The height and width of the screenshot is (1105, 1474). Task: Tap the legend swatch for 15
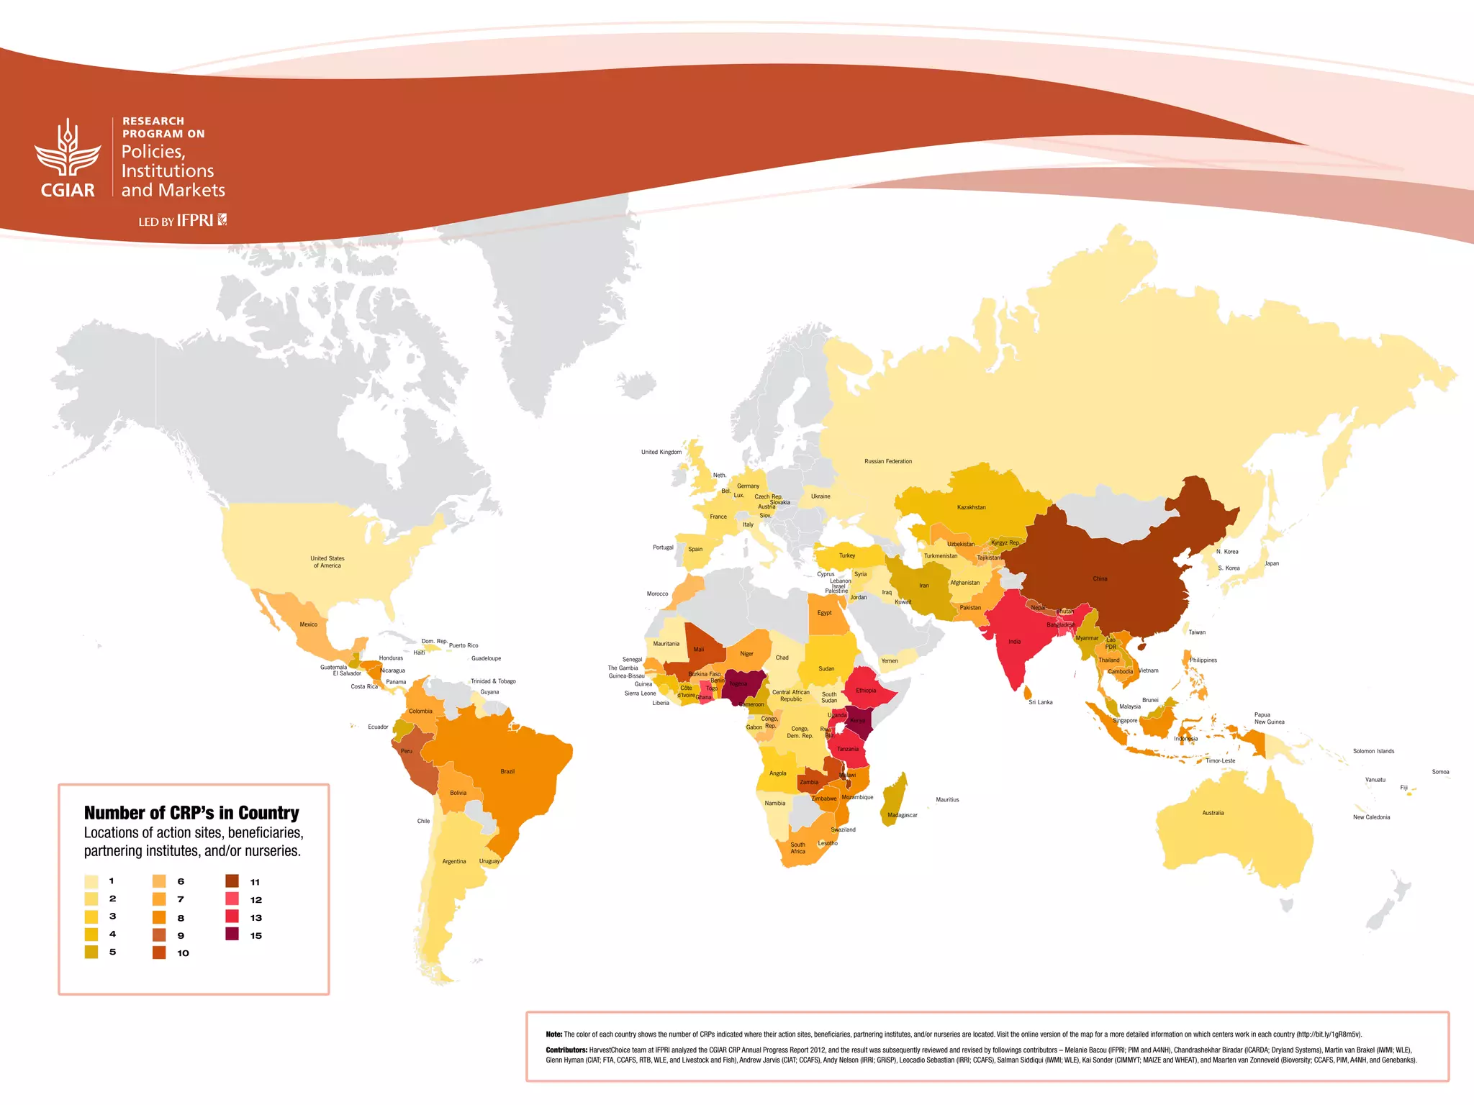click(x=232, y=935)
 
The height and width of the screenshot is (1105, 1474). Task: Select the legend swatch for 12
click(x=232, y=899)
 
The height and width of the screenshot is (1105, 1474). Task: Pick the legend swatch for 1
click(x=91, y=881)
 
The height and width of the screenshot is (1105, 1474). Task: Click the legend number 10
click(x=183, y=953)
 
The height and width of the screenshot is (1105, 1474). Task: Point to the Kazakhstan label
click(x=971, y=507)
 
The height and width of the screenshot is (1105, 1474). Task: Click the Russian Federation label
click(x=887, y=461)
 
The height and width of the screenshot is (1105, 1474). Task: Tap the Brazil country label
click(x=507, y=771)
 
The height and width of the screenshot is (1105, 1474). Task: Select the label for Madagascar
click(x=902, y=815)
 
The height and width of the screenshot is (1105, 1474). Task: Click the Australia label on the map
click(x=1213, y=813)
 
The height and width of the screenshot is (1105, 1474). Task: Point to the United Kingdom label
click(x=661, y=452)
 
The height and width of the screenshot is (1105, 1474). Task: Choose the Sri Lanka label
click(x=1040, y=702)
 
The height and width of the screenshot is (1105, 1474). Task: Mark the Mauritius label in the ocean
click(x=947, y=799)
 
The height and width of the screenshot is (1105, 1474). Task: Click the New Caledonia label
click(x=1371, y=817)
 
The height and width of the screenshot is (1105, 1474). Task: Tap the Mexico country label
click(x=308, y=624)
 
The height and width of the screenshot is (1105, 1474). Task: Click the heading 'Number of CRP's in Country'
click(x=191, y=813)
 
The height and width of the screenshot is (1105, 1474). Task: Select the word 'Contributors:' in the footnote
click(x=566, y=1050)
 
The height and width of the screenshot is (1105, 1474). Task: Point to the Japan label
click(x=1271, y=563)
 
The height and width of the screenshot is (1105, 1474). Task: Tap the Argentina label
click(x=453, y=861)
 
